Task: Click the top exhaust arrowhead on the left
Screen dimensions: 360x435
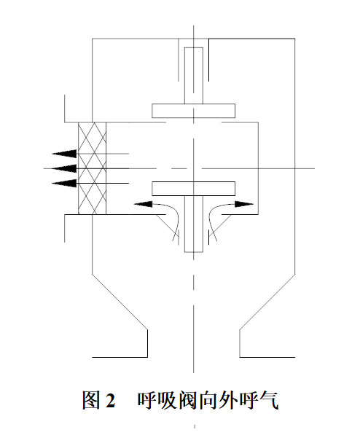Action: [64, 154]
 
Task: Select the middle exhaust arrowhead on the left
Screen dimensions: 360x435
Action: [64, 168]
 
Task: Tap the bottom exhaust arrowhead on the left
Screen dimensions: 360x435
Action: [64, 183]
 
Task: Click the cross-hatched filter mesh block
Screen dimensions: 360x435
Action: [92, 168]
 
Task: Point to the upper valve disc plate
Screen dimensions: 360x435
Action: [193, 111]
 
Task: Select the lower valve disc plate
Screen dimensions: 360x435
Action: [193, 189]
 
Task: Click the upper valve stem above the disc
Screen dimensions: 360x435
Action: [194, 76]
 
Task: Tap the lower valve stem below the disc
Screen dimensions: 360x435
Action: [194, 224]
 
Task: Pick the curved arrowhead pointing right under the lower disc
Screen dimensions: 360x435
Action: [244, 204]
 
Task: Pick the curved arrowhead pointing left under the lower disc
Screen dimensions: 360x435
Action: [144, 204]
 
